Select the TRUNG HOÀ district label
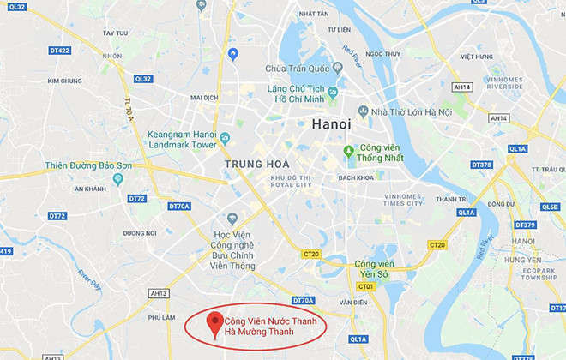[256, 163]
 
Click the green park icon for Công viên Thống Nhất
[348, 152]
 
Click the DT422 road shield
[59, 51]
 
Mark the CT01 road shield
[367, 286]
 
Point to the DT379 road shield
[525, 225]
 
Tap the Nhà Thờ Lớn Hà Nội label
[407, 111]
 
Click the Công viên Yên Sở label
[374, 269]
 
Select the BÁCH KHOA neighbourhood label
[358, 177]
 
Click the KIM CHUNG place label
[64, 81]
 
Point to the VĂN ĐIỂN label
[353, 302]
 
